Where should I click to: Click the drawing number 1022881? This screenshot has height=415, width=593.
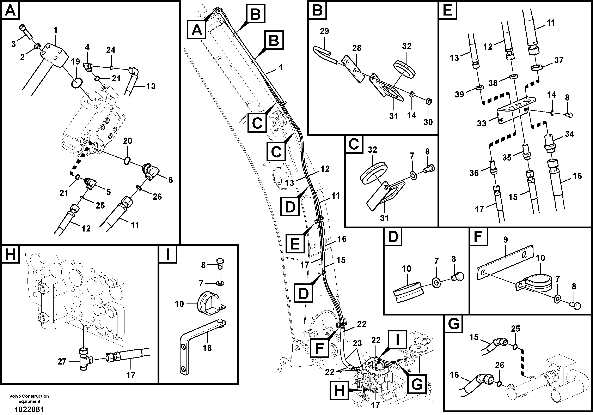29,409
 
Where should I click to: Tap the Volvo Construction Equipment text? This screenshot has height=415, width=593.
29,398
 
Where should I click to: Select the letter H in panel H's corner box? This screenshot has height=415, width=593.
10,254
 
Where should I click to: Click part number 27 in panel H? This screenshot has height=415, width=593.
62,361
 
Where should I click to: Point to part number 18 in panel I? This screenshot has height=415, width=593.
207,348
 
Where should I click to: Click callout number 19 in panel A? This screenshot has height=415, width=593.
76,62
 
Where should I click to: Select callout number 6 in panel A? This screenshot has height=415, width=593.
170,180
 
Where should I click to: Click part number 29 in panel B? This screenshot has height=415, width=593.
324,31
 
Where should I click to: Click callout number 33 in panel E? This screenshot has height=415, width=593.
481,124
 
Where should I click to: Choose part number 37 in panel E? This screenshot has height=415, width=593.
559,60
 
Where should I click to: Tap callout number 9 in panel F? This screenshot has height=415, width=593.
506,240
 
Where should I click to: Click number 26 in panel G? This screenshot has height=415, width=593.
500,365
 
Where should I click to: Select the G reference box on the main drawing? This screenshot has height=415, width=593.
417,385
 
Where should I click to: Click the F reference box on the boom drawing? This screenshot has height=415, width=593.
320,348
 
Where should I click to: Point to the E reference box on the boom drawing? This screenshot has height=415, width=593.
295,243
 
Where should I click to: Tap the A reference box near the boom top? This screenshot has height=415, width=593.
197,30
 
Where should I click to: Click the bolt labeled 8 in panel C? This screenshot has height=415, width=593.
430,168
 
